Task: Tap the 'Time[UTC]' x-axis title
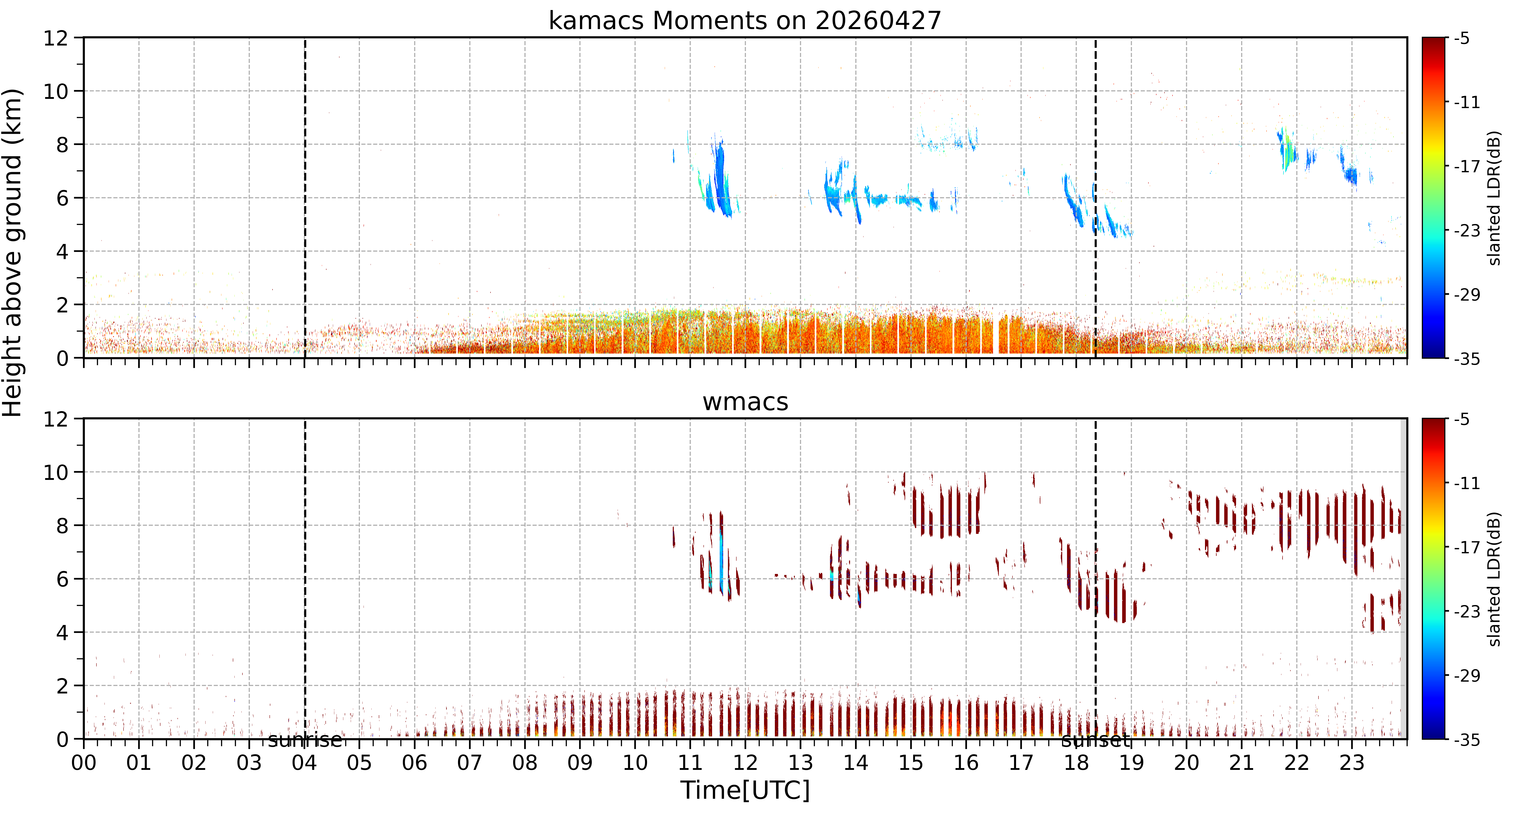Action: pos(745,791)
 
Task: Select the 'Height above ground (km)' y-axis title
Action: pos(13,252)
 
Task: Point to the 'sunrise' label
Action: pos(305,740)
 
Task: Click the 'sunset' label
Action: pos(1095,740)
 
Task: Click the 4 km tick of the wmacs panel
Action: pos(62,633)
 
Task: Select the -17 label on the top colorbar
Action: pos(1467,167)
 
